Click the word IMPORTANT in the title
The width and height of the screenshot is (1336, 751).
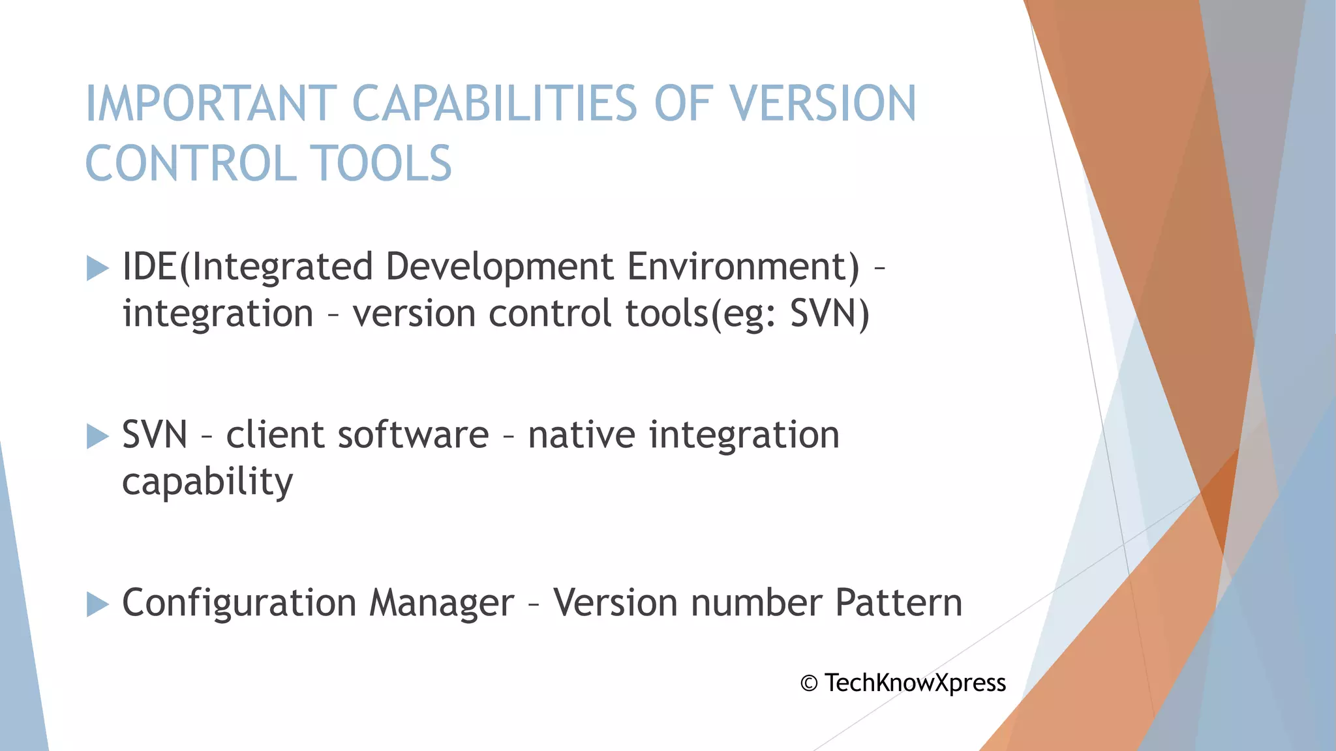click(211, 104)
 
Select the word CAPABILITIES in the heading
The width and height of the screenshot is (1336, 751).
click(494, 104)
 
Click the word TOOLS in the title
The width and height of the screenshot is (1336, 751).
click(380, 163)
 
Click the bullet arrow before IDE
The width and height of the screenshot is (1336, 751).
click(97, 268)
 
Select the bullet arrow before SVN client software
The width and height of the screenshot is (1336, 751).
click(97, 436)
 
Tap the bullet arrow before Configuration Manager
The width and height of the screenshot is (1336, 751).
click(97, 604)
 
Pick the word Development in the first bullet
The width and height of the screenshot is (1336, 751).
click(500, 267)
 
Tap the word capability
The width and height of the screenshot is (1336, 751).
click(207, 483)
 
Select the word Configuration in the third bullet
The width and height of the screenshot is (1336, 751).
click(239, 604)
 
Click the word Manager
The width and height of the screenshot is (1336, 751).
click(442, 603)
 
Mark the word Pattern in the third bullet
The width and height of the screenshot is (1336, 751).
click(898, 603)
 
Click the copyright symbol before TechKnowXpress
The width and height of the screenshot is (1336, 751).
click(809, 683)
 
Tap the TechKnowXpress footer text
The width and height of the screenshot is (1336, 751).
click(915, 683)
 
